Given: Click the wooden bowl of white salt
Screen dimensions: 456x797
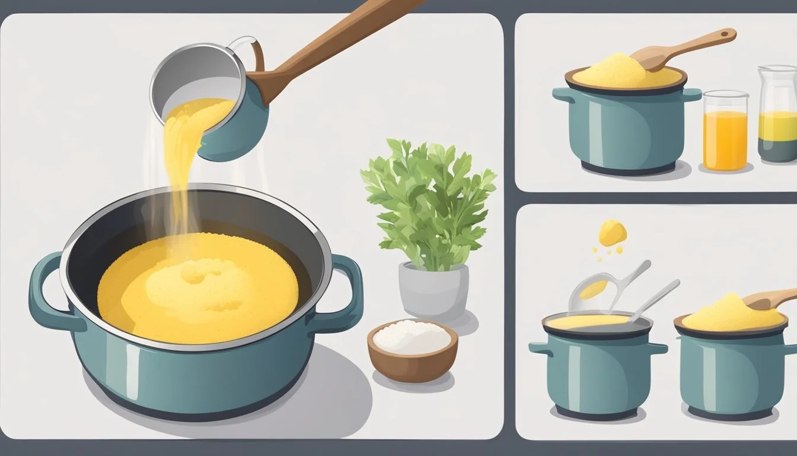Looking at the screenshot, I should [x=412, y=350].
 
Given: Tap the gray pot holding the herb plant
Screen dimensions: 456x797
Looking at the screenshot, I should [x=433, y=291].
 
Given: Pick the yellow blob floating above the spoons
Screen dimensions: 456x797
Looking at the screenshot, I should [x=612, y=232].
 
